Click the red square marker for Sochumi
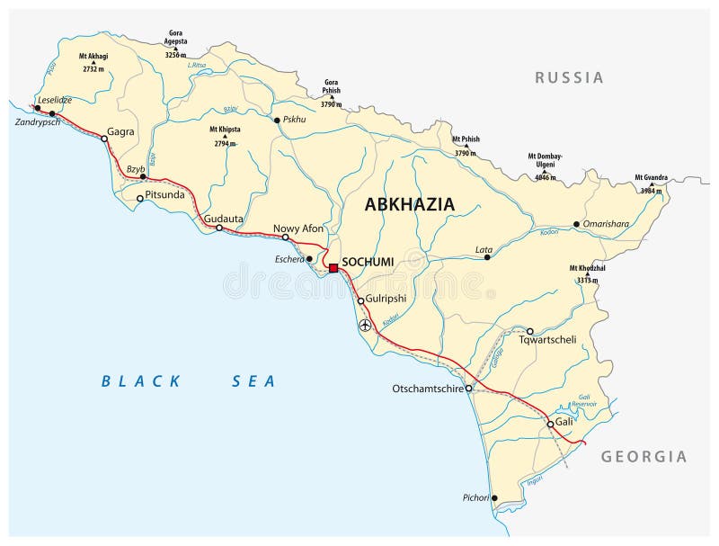(x=333, y=268)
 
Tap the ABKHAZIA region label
(x=409, y=204)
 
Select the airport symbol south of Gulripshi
(x=364, y=326)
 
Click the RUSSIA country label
(x=569, y=77)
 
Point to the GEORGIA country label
(x=644, y=456)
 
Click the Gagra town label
(x=120, y=131)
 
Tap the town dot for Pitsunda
(x=139, y=198)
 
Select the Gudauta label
(x=224, y=218)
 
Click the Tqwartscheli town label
(x=569, y=340)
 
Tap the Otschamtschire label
(x=428, y=389)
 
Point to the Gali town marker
(x=550, y=424)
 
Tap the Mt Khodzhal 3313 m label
(x=586, y=273)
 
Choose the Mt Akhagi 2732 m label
(x=94, y=61)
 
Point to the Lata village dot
(x=487, y=257)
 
